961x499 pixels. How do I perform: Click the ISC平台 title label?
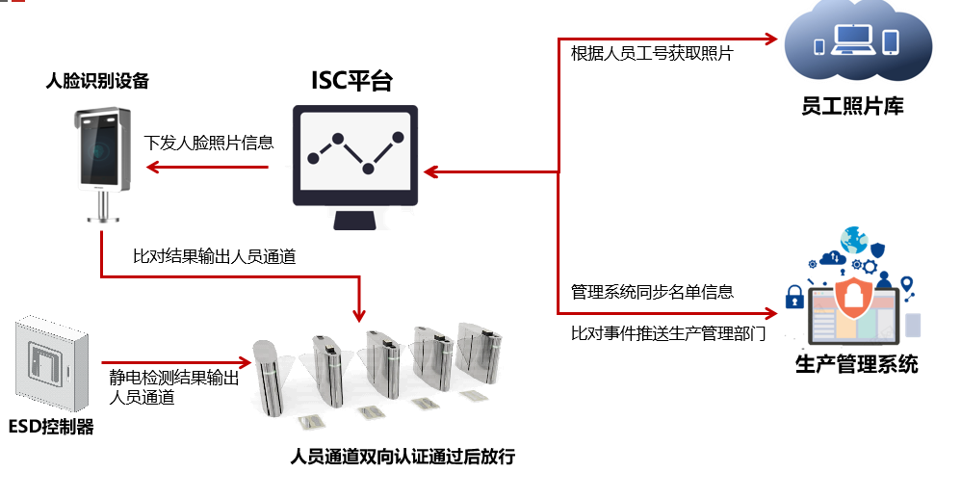[351, 80]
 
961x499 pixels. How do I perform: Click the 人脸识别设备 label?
[97, 81]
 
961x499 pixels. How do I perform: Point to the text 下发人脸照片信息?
[209, 142]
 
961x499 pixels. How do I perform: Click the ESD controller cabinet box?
[49, 364]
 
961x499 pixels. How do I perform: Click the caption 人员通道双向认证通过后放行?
[403, 457]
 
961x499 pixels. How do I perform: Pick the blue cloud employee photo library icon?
[856, 43]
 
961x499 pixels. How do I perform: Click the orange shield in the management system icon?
[854, 297]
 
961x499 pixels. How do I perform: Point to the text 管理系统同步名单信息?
[652, 291]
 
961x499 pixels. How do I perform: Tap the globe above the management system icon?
[853, 240]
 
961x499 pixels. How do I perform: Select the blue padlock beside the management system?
[795, 295]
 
